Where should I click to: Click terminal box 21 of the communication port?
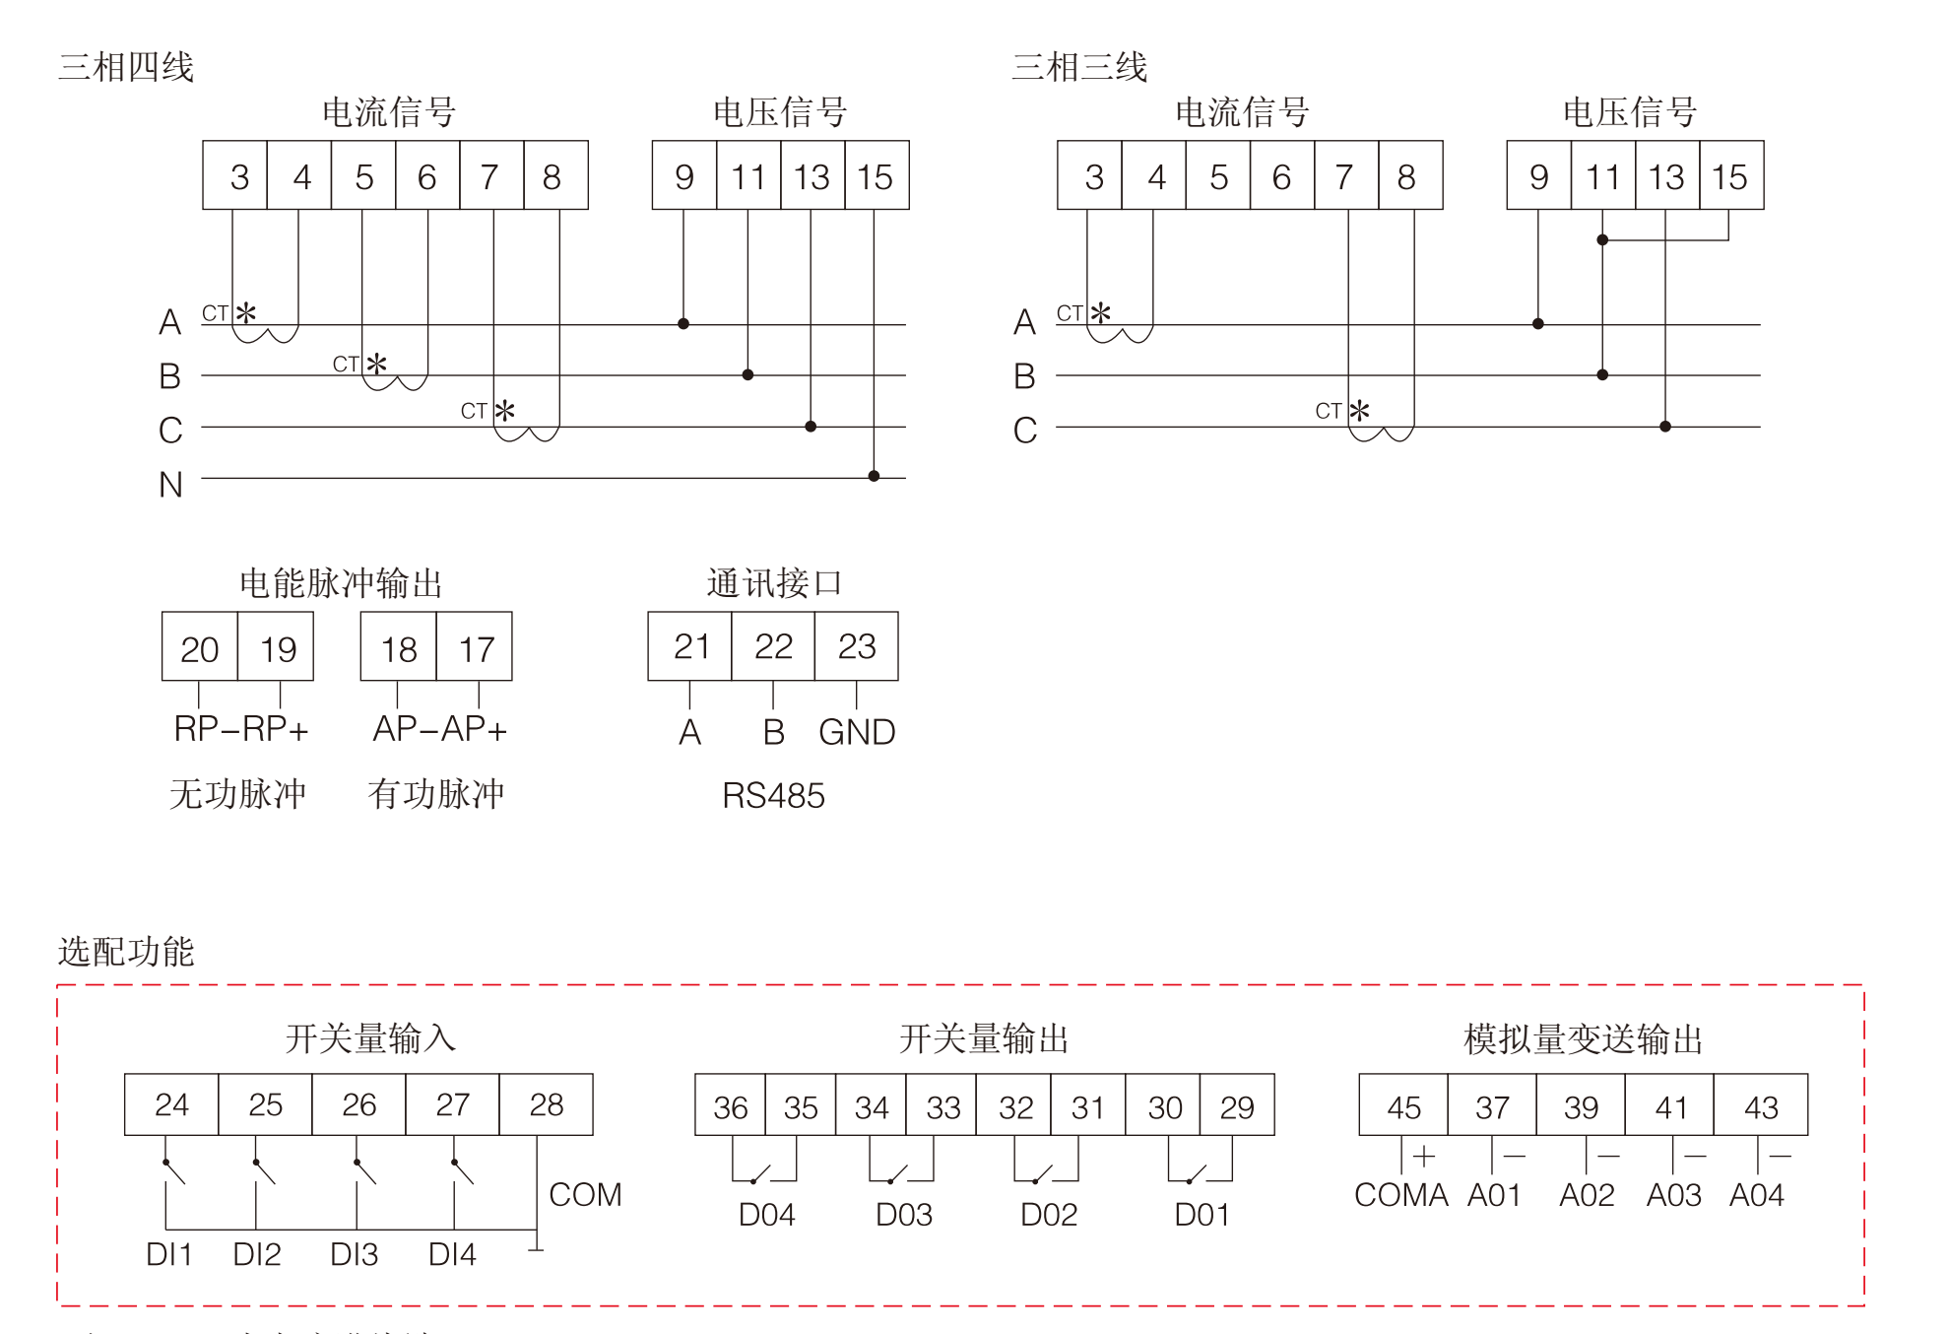coord(689,646)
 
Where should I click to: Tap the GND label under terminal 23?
coord(857,732)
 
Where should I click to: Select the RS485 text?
coord(773,795)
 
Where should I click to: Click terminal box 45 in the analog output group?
coord(1403,1106)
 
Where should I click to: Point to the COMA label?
coord(1400,1195)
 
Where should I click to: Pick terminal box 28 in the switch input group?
coord(546,1104)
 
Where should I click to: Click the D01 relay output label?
coord(1202,1215)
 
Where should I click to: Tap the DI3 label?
coord(354,1254)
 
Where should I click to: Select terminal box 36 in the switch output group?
coord(730,1106)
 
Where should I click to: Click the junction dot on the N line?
coord(874,476)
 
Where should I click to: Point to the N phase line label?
coord(170,485)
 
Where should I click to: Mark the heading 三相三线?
coord(1079,67)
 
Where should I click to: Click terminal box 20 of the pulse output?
coord(199,648)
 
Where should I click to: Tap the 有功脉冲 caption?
coord(435,794)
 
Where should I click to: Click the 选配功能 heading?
coord(126,952)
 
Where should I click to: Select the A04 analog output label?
coord(1756,1195)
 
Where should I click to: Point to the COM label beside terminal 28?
coord(585,1194)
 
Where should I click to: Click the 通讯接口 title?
coord(774,583)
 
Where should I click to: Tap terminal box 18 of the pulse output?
coord(399,648)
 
